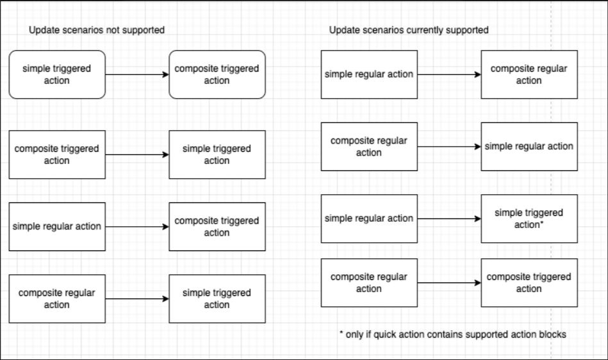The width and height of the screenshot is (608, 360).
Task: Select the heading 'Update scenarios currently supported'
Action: (409, 30)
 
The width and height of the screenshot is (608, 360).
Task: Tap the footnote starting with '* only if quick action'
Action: (453, 334)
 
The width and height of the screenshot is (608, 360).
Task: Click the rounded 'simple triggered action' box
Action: (57, 74)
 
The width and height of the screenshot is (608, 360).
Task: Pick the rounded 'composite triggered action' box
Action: (217, 74)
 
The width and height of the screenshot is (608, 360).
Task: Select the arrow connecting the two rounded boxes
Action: (137, 75)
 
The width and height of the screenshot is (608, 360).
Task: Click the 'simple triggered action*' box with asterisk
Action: (529, 218)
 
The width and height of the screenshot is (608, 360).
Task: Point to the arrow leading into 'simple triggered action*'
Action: (448, 218)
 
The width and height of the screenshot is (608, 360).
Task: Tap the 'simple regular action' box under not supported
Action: (57, 227)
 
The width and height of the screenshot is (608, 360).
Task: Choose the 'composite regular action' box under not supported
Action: (57, 299)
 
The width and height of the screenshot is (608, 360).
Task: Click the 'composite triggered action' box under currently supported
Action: (529, 282)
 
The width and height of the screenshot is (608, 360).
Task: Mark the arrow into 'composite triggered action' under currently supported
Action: (448, 282)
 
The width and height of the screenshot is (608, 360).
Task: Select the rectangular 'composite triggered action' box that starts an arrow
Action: (57, 154)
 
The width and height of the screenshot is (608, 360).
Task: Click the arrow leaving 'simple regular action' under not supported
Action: (137, 227)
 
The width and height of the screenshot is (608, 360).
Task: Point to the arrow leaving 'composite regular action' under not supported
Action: (137, 299)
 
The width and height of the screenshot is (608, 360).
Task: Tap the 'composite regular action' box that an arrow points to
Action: (529, 74)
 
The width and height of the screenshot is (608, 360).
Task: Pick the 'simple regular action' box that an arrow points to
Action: (529, 146)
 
